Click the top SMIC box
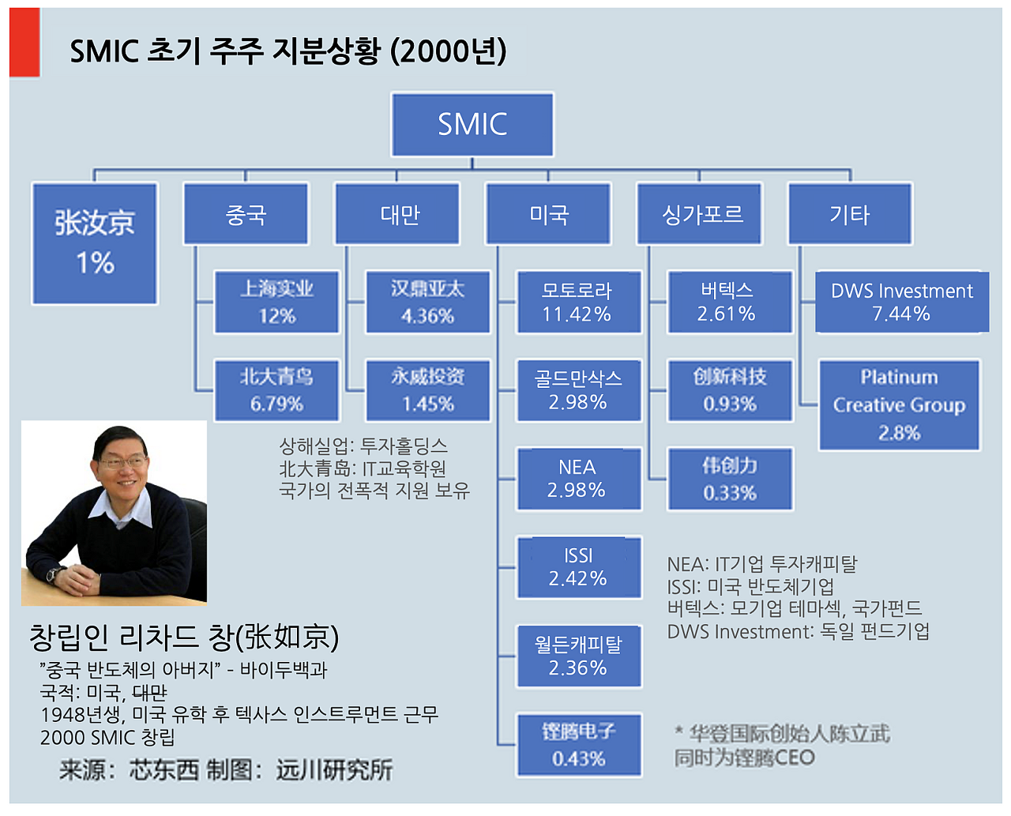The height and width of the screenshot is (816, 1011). pyautogui.click(x=472, y=124)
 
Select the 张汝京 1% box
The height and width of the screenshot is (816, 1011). pyautogui.click(x=95, y=243)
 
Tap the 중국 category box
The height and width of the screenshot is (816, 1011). pyautogui.click(x=246, y=213)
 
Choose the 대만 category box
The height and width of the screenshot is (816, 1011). pyautogui.click(x=397, y=213)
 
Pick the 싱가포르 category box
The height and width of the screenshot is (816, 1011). pyautogui.click(x=699, y=213)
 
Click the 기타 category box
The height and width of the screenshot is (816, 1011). pyautogui.click(x=850, y=213)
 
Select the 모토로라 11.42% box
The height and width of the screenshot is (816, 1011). pyautogui.click(x=578, y=303)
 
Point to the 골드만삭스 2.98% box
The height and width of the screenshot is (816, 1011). pyautogui.click(x=578, y=390)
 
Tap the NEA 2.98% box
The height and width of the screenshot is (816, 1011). pyautogui.click(x=578, y=479)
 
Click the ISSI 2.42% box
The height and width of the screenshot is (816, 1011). pyautogui.click(x=578, y=567)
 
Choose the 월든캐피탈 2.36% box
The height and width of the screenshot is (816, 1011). pyautogui.click(x=578, y=656)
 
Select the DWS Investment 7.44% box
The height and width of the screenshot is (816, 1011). pyautogui.click(x=901, y=303)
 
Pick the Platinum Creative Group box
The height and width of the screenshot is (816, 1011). pyautogui.click(x=899, y=404)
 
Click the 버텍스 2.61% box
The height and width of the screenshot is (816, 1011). pyautogui.click(x=729, y=303)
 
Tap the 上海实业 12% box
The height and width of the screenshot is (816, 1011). pyautogui.click(x=276, y=303)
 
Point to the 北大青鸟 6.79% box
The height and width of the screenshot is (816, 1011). pyautogui.click(x=276, y=390)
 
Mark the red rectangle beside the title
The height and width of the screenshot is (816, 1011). pyautogui.click(x=24, y=43)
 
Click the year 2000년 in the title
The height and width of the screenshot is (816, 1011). pyautogui.click(x=449, y=51)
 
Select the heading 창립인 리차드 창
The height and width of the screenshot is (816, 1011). pyautogui.click(x=183, y=637)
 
